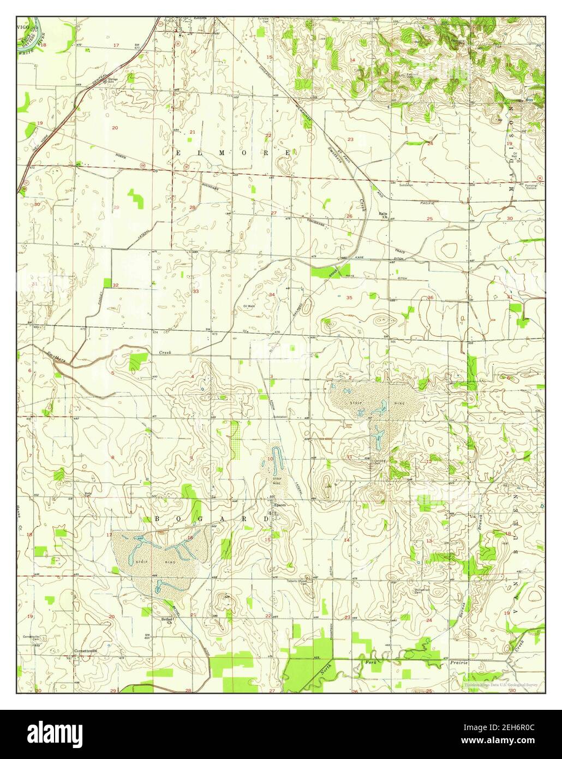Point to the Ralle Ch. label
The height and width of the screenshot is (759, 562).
383,215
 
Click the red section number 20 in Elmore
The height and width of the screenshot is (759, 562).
115,128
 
